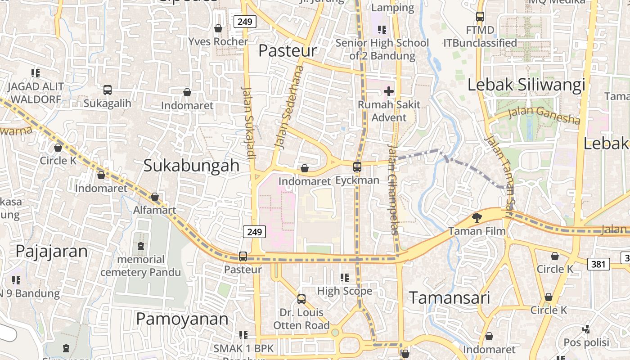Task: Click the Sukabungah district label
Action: (191, 166)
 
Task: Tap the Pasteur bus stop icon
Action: (243, 256)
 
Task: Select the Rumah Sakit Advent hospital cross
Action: (389, 92)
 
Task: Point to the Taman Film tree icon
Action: (476, 218)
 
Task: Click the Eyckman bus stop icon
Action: (357, 167)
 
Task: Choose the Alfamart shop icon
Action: (155, 197)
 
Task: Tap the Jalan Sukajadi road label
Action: (248, 122)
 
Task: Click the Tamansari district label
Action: (449, 298)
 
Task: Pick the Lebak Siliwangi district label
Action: (526, 85)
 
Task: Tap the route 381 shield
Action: (598, 264)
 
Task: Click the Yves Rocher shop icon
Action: (218, 28)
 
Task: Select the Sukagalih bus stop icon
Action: (108, 90)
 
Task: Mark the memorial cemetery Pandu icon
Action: (141, 246)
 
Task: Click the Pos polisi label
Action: (586, 342)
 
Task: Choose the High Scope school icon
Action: (345, 278)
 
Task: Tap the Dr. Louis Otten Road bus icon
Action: (301, 299)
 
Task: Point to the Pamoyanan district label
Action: (182, 319)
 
